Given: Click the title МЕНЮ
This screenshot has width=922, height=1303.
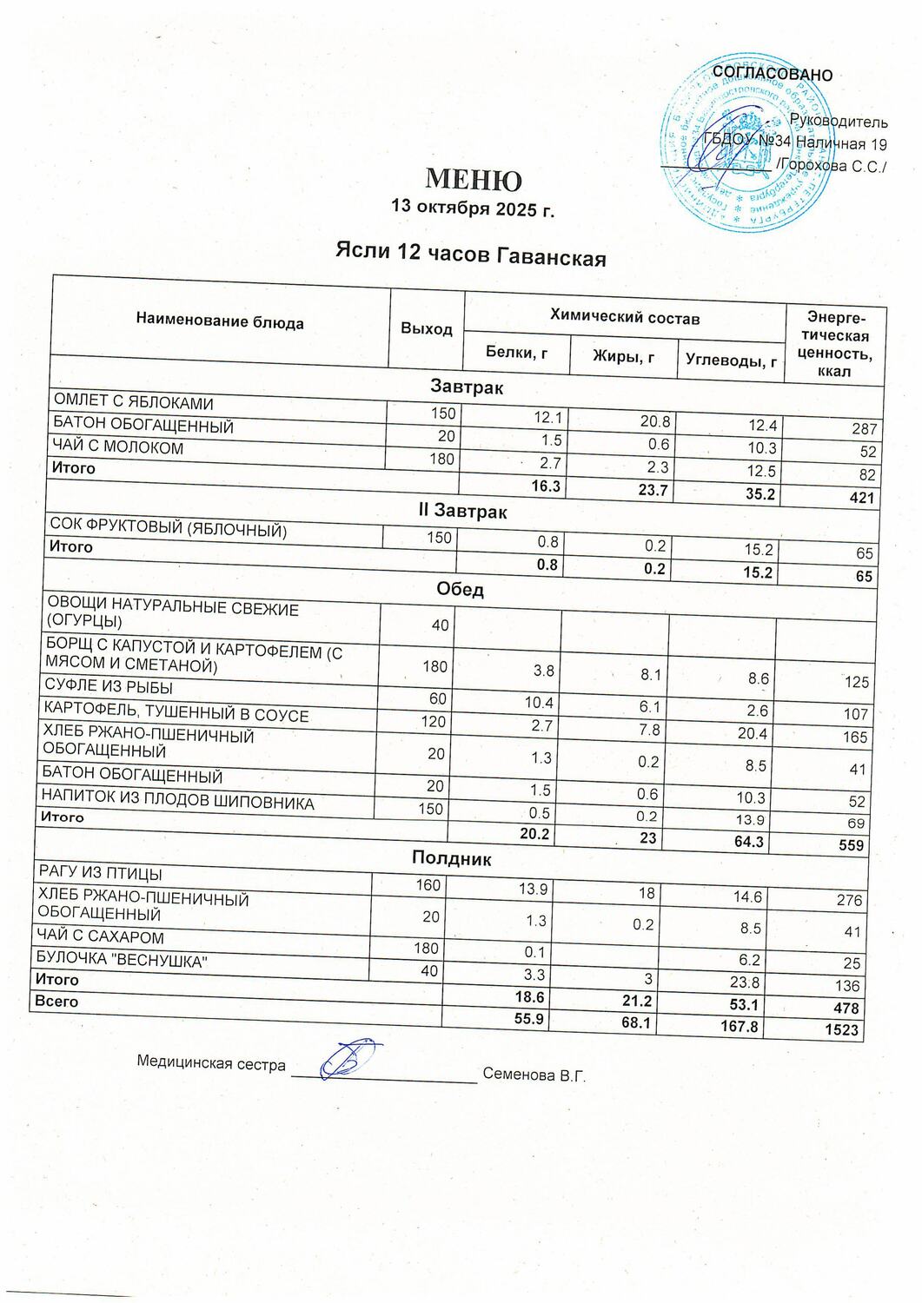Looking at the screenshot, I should tap(473, 179).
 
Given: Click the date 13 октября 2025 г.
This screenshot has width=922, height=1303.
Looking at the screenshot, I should tap(473, 208).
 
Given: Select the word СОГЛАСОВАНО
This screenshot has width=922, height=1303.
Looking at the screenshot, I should tap(772, 75).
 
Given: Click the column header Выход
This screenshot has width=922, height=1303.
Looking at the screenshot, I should tap(426, 328).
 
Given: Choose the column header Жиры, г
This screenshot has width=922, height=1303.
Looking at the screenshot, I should tap(623, 355).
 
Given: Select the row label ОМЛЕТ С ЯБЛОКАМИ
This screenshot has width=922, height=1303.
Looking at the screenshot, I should tap(134, 403).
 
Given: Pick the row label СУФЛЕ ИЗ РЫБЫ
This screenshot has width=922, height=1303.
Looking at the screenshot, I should tap(109, 690).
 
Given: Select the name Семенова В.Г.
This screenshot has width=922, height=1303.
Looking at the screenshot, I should tap(534, 1075).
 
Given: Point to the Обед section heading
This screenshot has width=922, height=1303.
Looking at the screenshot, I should tap(460, 589).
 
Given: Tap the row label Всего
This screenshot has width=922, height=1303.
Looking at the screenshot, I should tap(56, 1002).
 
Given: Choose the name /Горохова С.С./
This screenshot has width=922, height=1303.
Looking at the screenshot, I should tap(832, 166).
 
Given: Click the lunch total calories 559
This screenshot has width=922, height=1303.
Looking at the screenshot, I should tap(852, 844).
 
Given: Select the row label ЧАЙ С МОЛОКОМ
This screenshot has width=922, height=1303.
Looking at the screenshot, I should tap(119, 448).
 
